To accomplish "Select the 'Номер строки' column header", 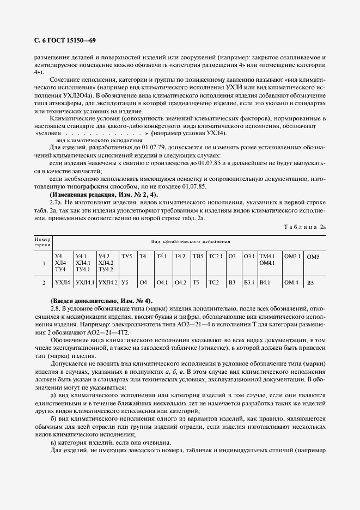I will coord(42,242).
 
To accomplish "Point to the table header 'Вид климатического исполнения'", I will coord(190,240).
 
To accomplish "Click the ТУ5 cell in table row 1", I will coord(126,256).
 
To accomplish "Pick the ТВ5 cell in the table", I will coord(197,256).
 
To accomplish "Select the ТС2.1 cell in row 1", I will coord(216,256).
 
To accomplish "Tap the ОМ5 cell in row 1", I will coord(313,256).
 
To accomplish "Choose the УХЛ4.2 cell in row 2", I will coord(107,282).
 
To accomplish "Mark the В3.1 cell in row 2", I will coord(249,282).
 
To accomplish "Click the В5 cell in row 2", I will coord(310,283).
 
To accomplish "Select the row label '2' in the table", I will coord(44,283).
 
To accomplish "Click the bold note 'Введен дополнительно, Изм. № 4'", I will coord(101,301).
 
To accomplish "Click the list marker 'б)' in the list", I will coord(53,417).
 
